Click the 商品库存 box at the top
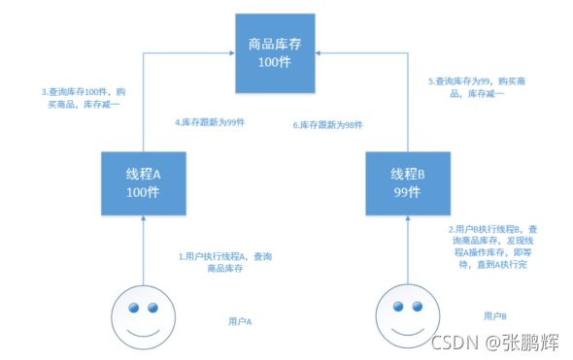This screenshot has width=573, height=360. (276, 49)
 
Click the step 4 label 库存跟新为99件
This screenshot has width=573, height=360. (207, 124)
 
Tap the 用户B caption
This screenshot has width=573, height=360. (495, 316)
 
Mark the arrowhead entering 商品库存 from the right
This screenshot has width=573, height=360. (320, 49)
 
